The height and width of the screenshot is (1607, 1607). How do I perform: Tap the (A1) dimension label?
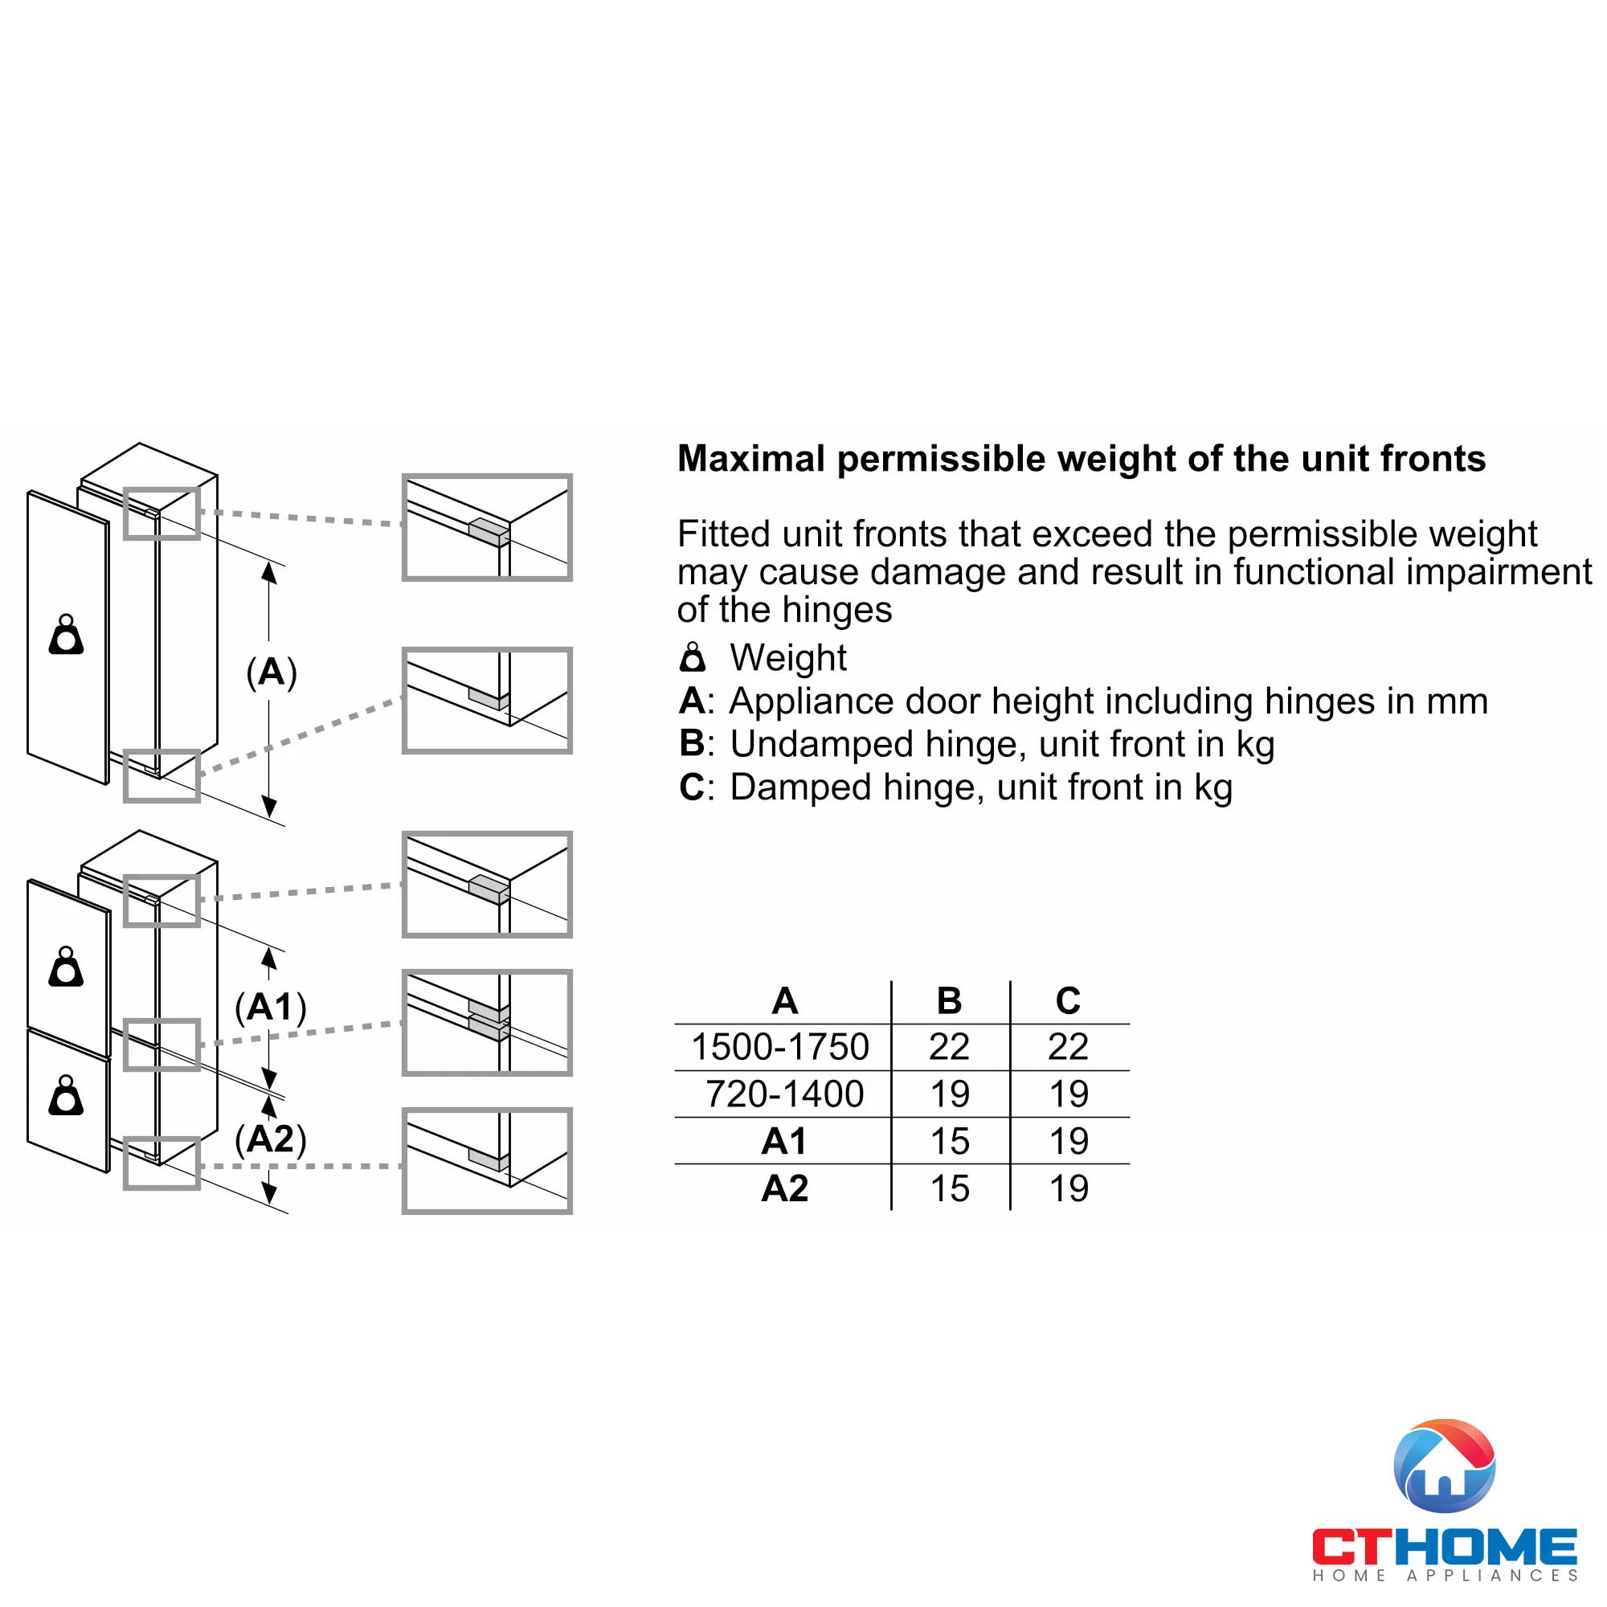(271, 1008)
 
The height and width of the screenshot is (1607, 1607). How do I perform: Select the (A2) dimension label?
(271, 1139)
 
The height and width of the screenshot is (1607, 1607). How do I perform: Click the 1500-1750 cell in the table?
(780, 1046)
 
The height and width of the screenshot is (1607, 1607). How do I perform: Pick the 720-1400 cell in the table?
(784, 1094)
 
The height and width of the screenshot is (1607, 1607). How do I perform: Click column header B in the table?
(949, 1000)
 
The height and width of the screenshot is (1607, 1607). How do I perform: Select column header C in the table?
(1068, 1000)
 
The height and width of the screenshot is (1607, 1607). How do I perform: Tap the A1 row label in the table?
(784, 1141)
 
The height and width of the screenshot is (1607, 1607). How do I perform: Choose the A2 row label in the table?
(784, 1188)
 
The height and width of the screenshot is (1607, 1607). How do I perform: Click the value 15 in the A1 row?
(950, 1141)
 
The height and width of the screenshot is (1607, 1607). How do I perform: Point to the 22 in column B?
(949, 1046)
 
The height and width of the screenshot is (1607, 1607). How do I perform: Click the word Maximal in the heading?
(751, 458)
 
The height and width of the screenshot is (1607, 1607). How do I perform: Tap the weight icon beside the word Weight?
(692, 657)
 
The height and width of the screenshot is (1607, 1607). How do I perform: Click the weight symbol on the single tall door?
(67, 636)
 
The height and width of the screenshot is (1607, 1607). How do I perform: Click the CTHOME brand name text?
(1445, 1547)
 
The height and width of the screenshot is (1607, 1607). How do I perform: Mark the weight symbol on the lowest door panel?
(67, 1096)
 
